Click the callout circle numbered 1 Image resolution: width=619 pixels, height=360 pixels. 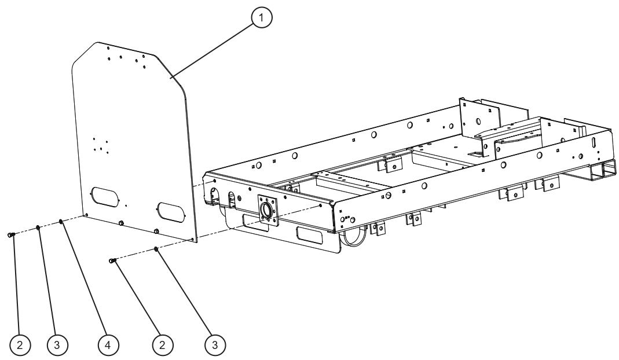(262, 17)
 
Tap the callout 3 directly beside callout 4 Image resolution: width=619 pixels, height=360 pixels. (57, 344)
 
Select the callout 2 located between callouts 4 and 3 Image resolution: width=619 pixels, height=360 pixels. (162, 344)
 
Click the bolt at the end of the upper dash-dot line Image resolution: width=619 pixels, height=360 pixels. (12, 234)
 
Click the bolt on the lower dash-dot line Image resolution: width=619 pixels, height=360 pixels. (112, 262)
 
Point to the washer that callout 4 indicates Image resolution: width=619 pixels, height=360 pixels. (61, 222)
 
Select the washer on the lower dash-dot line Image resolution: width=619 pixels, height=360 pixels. (156, 249)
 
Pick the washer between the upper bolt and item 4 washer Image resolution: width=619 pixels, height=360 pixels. (38, 228)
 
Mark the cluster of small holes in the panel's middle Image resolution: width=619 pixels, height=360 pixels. (100, 145)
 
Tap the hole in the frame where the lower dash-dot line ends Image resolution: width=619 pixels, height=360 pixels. (320, 205)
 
